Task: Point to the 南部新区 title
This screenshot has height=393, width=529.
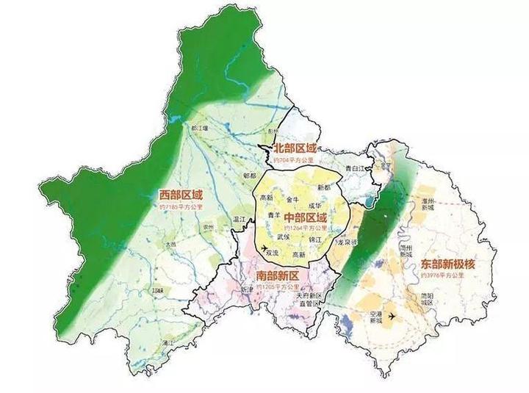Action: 278,275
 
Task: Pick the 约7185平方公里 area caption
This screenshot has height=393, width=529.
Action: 181,208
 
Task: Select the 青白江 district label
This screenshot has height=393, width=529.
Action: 354,169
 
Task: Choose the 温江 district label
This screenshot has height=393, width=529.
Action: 238,218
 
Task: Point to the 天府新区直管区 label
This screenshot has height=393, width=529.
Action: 310,298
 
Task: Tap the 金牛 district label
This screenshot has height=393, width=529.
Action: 292,199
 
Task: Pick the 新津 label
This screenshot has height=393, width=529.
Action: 246,289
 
